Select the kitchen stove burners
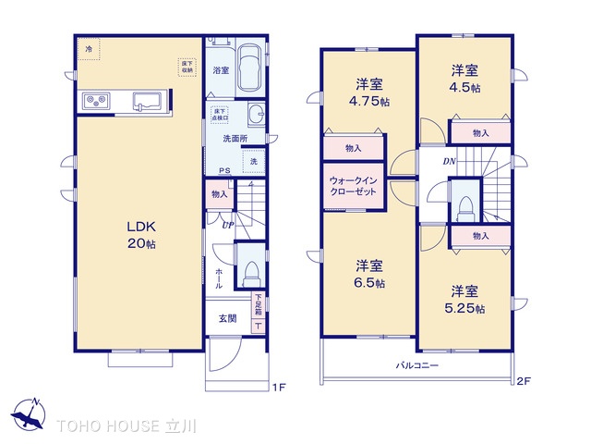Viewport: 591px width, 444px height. tap(97, 101)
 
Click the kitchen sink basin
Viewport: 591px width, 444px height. tap(147, 101)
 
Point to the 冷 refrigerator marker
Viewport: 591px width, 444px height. tap(90, 48)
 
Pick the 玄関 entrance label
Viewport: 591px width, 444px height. tap(226, 318)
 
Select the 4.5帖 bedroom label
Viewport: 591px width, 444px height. tap(464, 80)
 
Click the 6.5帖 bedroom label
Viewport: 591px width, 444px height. tap(368, 274)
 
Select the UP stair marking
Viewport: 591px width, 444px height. tap(226, 223)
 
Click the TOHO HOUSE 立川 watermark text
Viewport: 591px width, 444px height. tap(133, 426)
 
